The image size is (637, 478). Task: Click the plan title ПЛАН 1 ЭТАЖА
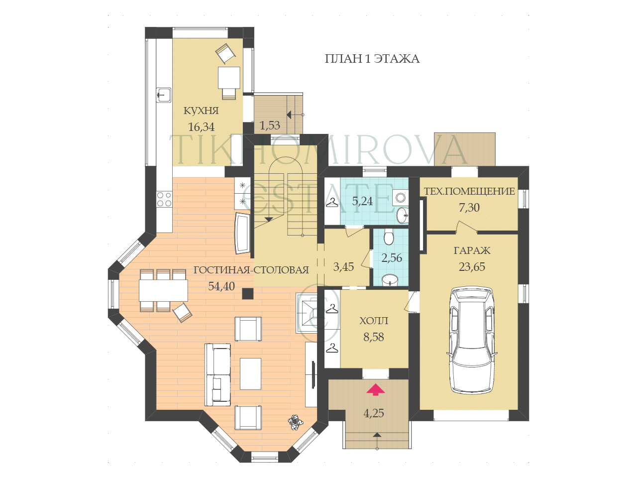pos(372,59)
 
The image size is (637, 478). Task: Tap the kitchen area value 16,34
pos(202,127)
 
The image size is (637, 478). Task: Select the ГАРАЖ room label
pos(472,250)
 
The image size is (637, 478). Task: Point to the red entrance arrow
pos(375,389)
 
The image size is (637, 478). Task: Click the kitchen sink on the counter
pos(164,95)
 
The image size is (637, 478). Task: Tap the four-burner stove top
pos(164,199)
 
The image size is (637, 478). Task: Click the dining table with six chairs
pos(163,290)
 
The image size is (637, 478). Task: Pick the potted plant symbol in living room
pos(296,421)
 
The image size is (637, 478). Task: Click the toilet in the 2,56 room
pos(388,236)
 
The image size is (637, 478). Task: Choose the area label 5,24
pos(362,201)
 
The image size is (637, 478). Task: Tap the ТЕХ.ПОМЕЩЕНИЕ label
pos(469,192)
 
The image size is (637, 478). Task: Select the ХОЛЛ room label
pos(374,321)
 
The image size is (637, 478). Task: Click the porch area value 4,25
pos(374,413)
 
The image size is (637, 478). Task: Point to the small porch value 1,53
pos(270,125)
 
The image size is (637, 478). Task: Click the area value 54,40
pos(221,286)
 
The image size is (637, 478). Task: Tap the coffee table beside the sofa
pos(250,373)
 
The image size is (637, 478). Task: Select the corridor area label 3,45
pos(343,266)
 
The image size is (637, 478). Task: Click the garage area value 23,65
pos(472,267)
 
